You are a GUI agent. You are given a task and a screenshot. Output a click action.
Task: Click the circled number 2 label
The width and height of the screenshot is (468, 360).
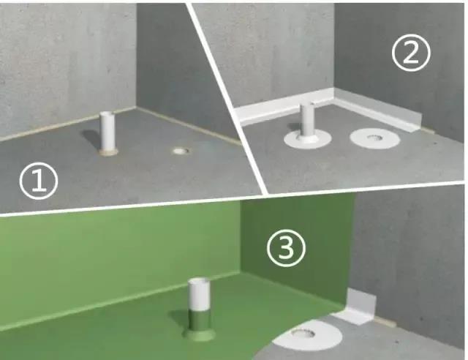(x=411, y=53)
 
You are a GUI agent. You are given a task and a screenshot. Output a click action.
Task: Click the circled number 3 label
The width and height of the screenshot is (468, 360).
(x=286, y=248)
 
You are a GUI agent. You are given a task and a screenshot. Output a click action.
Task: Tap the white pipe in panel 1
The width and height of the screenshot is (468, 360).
(x=107, y=132)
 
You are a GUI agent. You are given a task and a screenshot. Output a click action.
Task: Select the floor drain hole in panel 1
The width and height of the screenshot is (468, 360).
(x=181, y=151)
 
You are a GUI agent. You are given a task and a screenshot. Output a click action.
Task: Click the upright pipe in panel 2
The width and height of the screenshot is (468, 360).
(x=307, y=119)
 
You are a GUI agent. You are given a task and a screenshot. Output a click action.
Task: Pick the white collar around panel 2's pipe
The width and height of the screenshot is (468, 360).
(x=307, y=140)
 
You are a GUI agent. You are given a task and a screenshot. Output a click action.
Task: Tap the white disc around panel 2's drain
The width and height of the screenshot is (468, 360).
(x=374, y=138)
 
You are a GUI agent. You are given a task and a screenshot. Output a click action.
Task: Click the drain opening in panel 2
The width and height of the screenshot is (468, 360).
(x=374, y=138)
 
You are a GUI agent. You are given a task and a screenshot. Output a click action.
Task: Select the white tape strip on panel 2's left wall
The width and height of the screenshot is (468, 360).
(x=284, y=107)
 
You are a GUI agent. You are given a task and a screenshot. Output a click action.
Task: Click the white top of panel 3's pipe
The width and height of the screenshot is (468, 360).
(x=199, y=293)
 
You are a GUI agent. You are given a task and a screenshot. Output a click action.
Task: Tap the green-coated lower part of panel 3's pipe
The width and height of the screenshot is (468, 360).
(x=200, y=320)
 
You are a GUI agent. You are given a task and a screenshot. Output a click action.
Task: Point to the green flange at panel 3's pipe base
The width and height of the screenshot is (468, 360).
(x=199, y=334)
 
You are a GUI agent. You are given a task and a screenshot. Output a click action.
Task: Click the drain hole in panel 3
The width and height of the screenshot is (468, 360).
(x=303, y=333)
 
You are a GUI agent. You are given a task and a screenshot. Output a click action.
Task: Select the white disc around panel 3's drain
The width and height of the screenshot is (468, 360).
(x=307, y=336)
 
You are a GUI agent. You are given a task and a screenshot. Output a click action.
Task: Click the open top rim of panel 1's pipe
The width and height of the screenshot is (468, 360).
(x=107, y=114)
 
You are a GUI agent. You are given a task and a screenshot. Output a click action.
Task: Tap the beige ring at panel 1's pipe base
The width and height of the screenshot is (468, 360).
(x=108, y=153)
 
